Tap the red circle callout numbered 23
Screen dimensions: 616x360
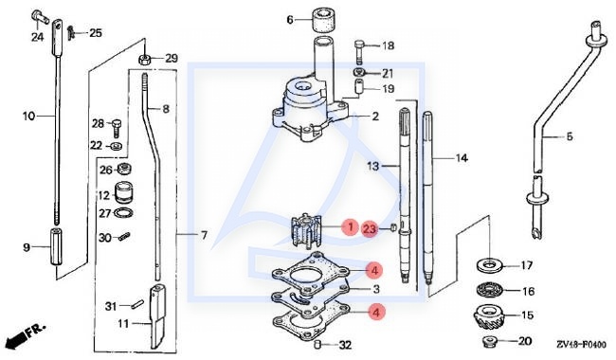pos(370,229)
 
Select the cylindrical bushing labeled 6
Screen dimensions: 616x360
pos(323,21)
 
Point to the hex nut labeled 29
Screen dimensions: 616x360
pos(144,60)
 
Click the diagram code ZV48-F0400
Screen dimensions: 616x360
pos(581,344)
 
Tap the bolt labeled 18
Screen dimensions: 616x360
pos(360,50)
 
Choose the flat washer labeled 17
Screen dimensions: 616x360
pos(488,265)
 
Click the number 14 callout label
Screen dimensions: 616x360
pos(462,158)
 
